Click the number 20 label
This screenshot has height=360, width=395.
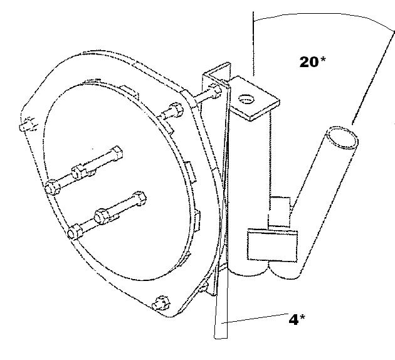(309, 62)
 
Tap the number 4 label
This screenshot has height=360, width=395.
(293, 320)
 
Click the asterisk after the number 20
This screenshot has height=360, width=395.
(323, 60)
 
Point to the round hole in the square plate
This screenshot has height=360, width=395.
(246, 99)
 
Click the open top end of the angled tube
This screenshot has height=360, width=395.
(342, 137)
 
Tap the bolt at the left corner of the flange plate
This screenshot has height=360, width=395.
(28, 124)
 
